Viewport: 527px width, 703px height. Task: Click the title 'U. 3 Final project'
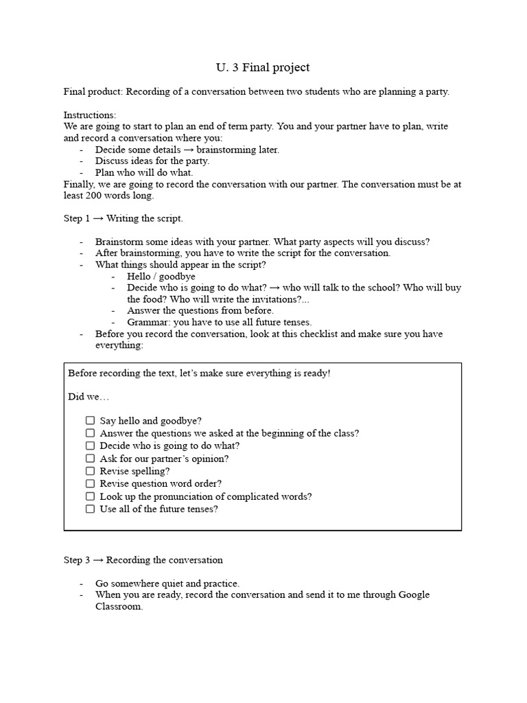coord(263,67)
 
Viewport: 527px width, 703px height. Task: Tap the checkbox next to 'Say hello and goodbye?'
coord(90,421)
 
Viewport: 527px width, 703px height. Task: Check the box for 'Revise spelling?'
coord(90,471)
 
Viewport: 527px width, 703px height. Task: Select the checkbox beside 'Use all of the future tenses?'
coord(90,509)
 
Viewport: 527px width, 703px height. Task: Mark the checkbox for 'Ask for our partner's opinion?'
coord(90,459)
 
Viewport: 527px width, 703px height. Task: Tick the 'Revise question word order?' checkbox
coord(90,483)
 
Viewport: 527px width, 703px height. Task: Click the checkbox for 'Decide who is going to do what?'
coord(90,446)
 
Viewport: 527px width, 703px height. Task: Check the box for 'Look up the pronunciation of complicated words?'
coord(90,496)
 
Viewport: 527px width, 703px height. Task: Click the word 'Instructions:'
coord(90,115)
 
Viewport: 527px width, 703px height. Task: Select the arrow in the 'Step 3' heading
coord(98,560)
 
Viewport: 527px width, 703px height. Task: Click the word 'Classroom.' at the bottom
coord(119,607)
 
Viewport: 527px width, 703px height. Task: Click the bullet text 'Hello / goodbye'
coord(161,277)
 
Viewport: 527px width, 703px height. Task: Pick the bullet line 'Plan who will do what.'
coord(144,172)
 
